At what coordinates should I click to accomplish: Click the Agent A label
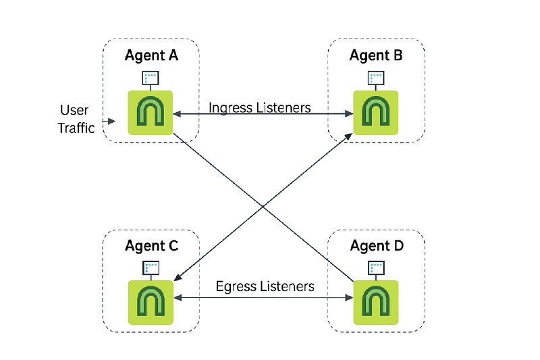tap(151, 55)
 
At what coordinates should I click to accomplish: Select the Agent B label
tap(376, 55)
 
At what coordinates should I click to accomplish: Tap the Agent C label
tap(151, 246)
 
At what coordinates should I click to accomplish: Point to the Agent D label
tap(377, 246)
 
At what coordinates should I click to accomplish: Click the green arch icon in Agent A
tap(150, 113)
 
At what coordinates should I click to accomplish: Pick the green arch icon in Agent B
tap(376, 113)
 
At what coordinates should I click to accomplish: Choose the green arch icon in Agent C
tap(151, 303)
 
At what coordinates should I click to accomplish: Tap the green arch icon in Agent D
tap(376, 303)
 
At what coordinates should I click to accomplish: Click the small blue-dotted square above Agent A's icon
tap(151, 78)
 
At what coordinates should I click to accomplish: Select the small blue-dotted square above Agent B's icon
tap(376, 78)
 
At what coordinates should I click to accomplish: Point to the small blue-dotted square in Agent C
tap(151, 268)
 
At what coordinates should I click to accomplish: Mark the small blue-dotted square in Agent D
tap(376, 268)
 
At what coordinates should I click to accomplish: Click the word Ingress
tap(231, 108)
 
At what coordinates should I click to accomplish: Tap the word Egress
tap(236, 286)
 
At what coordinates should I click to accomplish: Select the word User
tap(74, 110)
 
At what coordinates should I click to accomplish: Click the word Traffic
tap(76, 128)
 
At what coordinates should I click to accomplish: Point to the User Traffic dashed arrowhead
tap(111, 122)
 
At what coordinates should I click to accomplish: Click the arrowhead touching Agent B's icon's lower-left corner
tap(348, 136)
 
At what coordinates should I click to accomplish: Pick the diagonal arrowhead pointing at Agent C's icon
tap(178, 277)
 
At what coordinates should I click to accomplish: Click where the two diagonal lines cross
tap(263, 207)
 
